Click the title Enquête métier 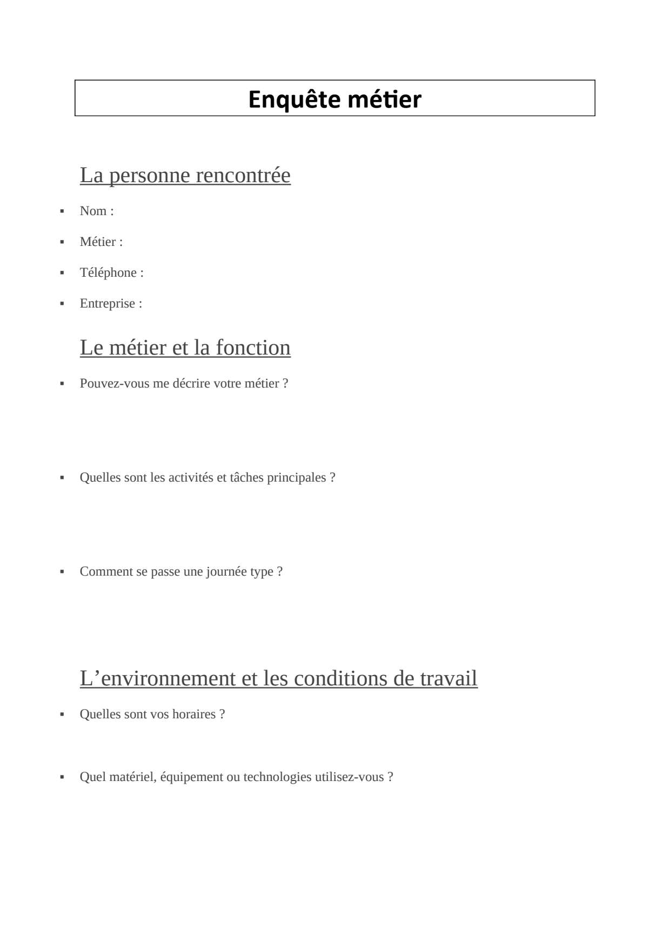[x=334, y=99]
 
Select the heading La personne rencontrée [x=185, y=175]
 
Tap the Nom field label [x=96, y=211]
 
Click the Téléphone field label [x=111, y=272]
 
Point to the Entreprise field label [x=111, y=303]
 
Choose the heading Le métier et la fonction [x=185, y=347]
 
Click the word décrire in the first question [x=191, y=383]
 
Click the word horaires [x=195, y=714]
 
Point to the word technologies [x=277, y=777]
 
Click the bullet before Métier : [x=62, y=242]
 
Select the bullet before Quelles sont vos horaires [x=62, y=715]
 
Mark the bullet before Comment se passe [x=62, y=572]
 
